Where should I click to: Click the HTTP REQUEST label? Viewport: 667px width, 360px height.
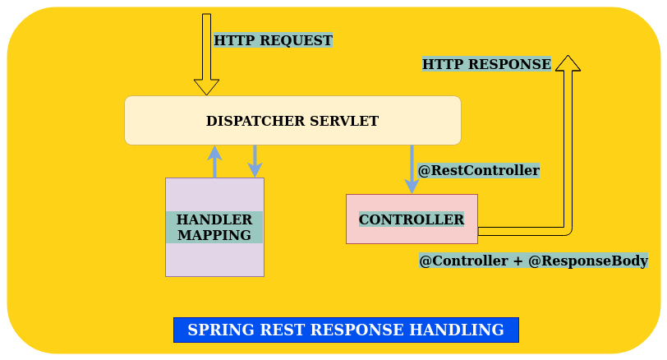click(273, 40)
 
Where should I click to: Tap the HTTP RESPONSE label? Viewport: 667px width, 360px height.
click(486, 64)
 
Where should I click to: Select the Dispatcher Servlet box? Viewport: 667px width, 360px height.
click(292, 121)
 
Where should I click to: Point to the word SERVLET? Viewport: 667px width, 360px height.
click(344, 121)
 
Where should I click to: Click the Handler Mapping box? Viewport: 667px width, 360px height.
click(215, 227)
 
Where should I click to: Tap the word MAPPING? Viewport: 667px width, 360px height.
click(214, 235)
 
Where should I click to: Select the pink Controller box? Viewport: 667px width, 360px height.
click(412, 219)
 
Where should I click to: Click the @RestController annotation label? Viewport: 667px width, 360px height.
click(479, 171)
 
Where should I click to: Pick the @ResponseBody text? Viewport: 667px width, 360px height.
click(588, 261)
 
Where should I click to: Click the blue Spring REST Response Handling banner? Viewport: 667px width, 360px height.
click(347, 330)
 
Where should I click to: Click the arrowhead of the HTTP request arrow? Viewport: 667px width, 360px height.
click(206, 87)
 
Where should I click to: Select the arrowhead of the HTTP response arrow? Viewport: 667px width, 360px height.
click(568, 63)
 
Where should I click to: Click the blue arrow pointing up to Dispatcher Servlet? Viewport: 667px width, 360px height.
click(215, 162)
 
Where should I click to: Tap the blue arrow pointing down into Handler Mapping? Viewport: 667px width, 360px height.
click(255, 161)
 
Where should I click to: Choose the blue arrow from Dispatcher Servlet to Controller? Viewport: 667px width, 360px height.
click(412, 169)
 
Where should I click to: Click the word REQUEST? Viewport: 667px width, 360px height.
click(296, 40)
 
